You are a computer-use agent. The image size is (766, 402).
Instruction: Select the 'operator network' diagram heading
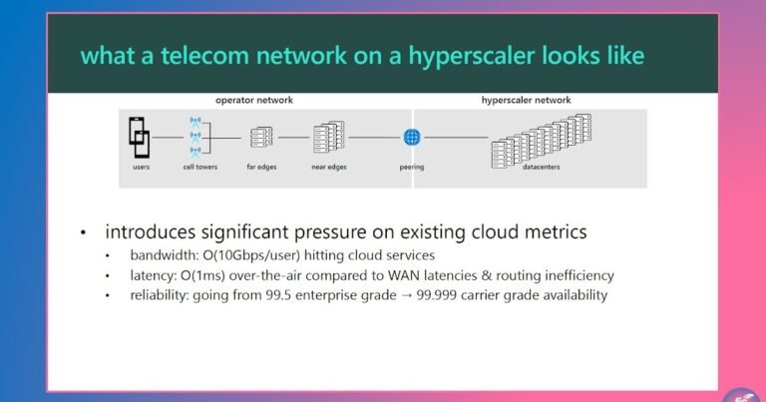tap(254, 100)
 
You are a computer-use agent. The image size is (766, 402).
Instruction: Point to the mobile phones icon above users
tap(140, 137)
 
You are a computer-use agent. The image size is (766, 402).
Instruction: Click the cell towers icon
tap(195, 137)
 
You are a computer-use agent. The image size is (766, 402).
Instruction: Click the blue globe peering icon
tap(412, 138)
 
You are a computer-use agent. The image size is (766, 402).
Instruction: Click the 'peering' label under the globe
tap(412, 167)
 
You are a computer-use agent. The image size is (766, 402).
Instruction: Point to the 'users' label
tap(141, 167)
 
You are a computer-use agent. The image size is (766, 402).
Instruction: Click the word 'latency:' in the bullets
tap(153, 275)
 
